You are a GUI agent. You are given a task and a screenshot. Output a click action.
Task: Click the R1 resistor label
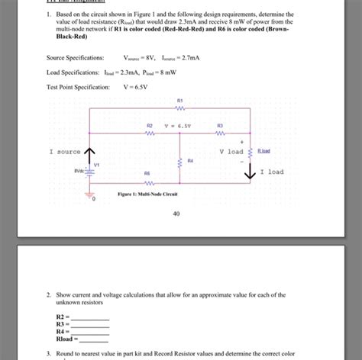(179, 100)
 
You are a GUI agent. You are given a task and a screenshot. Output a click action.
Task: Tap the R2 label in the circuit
(150, 124)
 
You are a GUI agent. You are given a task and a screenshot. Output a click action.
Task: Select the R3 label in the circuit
(220, 124)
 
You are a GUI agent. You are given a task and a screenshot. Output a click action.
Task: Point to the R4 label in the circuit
(190, 161)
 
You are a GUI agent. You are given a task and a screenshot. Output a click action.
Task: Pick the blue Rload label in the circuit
(263, 151)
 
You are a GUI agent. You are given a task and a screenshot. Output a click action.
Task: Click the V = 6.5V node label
(179, 124)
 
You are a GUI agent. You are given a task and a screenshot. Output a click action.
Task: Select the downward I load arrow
(250, 172)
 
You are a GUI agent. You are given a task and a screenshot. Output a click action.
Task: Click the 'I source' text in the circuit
(64, 152)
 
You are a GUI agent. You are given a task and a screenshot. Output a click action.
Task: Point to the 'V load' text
(231, 151)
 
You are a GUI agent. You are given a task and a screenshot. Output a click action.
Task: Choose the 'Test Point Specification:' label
(79, 87)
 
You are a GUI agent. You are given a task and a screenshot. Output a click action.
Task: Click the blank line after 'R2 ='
(90, 317)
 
